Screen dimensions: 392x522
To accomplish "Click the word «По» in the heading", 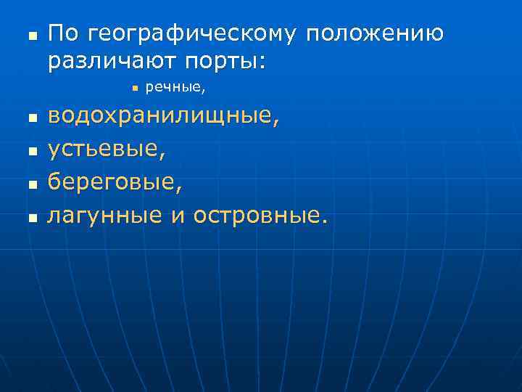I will [64, 33].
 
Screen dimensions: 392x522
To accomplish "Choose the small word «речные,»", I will [176, 88].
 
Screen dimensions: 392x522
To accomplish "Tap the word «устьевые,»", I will [107, 150].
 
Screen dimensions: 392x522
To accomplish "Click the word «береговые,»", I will [115, 182].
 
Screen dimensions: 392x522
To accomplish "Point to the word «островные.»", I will [260, 215].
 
